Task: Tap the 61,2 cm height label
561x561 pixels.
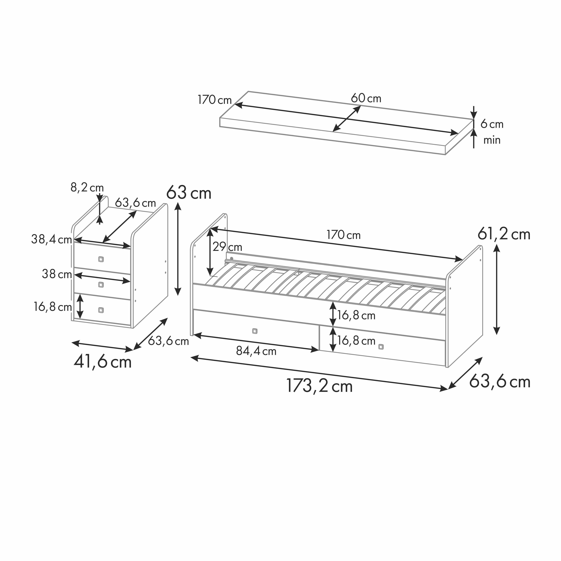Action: pyautogui.click(x=504, y=234)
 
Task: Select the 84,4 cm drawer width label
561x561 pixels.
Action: pyautogui.click(x=256, y=351)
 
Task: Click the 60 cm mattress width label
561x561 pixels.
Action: pyautogui.click(x=366, y=98)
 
